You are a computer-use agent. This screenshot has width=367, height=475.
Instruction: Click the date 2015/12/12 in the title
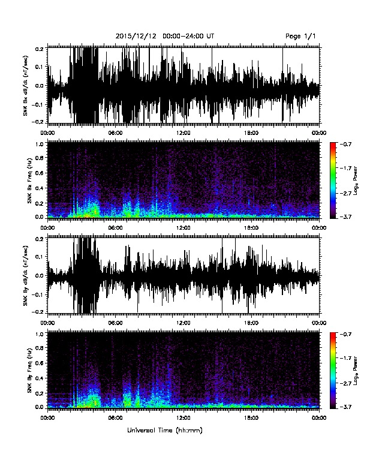tap(136, 37)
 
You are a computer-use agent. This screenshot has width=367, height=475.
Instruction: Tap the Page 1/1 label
tap(300, 37)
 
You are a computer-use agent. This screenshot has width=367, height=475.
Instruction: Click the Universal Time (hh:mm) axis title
tap(165, 430)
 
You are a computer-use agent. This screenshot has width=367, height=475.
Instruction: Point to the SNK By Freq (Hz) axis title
tap(29, 370)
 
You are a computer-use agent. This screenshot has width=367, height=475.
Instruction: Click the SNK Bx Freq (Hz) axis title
tap(29, 181)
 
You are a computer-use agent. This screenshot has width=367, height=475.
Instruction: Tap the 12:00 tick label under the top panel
tap(183, 133)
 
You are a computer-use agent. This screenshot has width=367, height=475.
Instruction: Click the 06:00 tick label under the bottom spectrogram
tap(115, 418)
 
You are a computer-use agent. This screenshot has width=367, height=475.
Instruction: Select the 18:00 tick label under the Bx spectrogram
tap(251, 228)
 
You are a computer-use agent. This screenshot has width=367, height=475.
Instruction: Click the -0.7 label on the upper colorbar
tap(345, 144)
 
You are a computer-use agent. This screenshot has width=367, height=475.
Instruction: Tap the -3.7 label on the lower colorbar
tap(345, 407)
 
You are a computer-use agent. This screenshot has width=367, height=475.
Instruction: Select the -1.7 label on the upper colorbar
tap(345, 168)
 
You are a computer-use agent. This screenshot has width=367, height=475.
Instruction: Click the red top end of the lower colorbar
tap(333, 333)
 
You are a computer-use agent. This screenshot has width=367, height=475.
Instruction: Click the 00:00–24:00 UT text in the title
tap(188, 37)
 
